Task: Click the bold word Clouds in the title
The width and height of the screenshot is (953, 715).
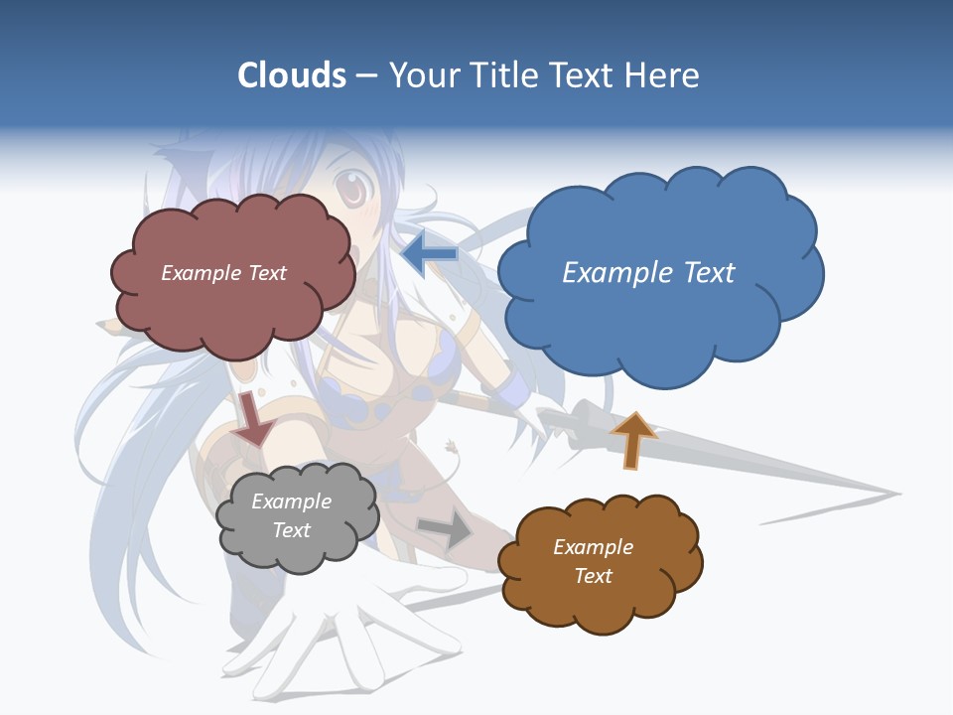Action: [x=292, y=75]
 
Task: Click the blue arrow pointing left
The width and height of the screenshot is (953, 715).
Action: [x=430, y=254]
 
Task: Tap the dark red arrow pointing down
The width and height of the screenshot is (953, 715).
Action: [x=255, y=418]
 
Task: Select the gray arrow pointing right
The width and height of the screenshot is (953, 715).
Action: [x=446, y=530]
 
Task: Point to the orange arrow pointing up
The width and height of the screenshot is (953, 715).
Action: [x=632, y=440]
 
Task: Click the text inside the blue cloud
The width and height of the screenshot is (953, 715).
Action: [x=648, y=272]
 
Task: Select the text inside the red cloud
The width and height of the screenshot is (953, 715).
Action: [x=223, y=273]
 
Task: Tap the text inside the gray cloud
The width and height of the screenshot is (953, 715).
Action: [x=292, y=515]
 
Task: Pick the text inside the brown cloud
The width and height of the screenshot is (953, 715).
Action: [x=593, y=561]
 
